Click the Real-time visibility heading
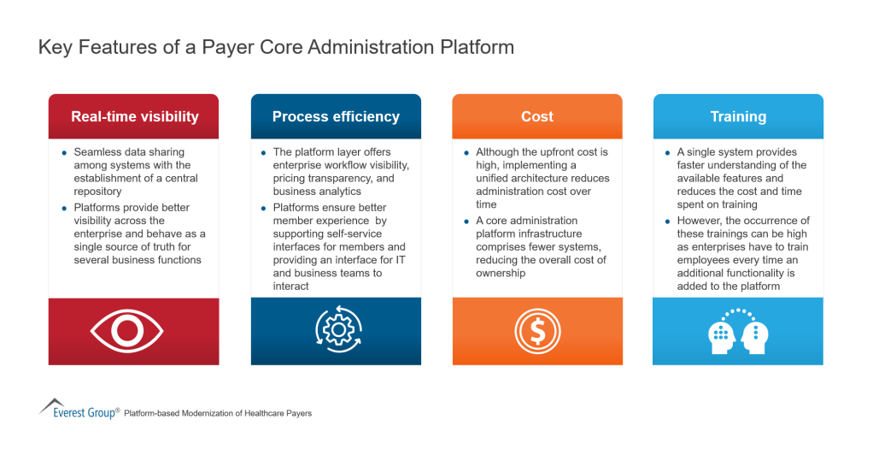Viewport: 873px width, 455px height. tap(134, 116)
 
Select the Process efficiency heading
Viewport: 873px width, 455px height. tap(336, 116)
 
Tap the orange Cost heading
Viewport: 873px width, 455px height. tap(537, 116)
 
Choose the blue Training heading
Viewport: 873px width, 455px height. tap(738, 116)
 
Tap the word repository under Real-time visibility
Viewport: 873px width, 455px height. tap(98, 191)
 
